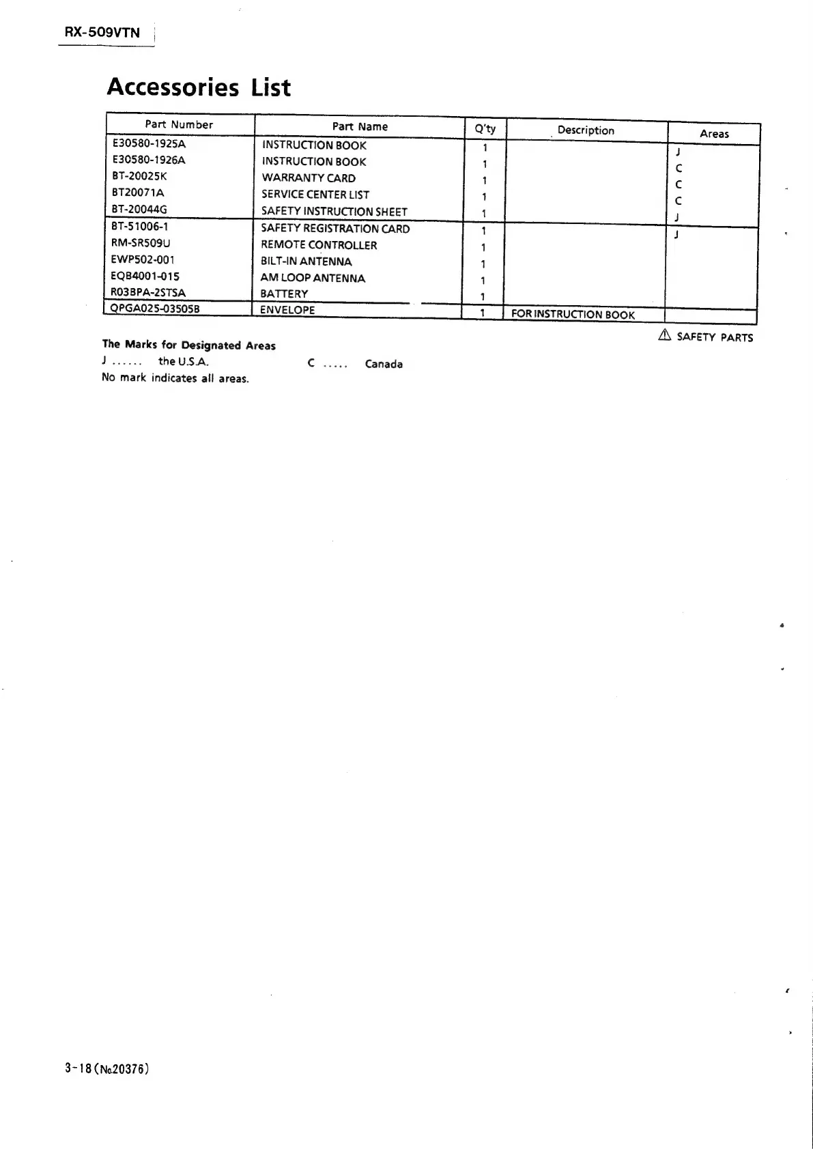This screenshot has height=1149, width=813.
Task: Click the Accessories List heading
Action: click(199, 87)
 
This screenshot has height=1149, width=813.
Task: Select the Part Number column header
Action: click(179, 124)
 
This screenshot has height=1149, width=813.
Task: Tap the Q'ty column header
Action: click(485, 128)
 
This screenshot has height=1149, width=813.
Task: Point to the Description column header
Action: click(586, 130)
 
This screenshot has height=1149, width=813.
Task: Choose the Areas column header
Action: click(714, 134)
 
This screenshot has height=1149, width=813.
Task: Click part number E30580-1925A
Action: click(149, 144)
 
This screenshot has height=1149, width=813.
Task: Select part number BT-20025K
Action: click(139, 176)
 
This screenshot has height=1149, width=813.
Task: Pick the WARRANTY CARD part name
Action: click(309, 178)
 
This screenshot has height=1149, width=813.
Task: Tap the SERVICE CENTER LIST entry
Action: click(315, 195)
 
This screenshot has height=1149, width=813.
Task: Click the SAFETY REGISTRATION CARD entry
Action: click(335, 229)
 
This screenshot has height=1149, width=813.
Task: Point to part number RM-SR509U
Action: click(141, 242)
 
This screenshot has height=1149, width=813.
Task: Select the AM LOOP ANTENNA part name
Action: click(313, 278)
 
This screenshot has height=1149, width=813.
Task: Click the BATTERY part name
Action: click(284, 294)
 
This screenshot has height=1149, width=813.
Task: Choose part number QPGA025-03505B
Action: click(155, 309)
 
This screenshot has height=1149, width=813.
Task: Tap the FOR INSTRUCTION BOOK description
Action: click(573, 315)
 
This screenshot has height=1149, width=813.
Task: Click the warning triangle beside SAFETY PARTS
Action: click(665, 335)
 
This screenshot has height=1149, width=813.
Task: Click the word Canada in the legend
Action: click(384, 364)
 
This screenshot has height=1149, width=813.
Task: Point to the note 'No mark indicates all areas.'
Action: click(175, 378)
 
